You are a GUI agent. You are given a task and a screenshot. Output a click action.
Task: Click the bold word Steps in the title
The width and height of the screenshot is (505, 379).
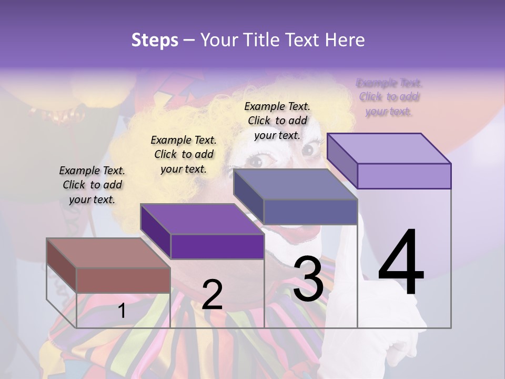pos(155,40)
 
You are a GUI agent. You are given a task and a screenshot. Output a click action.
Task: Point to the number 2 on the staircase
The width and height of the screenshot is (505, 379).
pos(212,295)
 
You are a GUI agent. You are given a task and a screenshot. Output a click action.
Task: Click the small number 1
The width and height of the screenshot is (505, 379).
pos(122,311)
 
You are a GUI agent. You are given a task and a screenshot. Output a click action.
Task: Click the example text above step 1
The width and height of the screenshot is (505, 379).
pos(92,185)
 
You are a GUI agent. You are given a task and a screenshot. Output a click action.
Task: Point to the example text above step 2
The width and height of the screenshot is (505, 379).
pos(184,154)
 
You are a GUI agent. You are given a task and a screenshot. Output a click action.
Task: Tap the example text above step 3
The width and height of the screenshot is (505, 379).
pos(277,121)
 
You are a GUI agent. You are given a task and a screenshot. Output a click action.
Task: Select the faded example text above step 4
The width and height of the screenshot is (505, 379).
pos(389,97)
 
